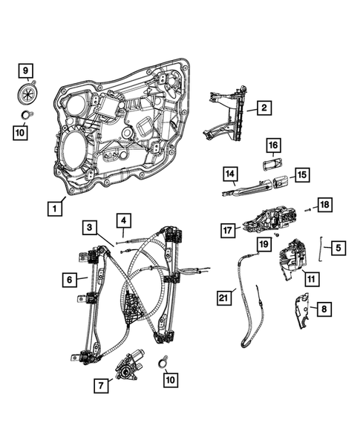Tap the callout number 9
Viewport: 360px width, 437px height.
pyautogui.click(x=26, y=71)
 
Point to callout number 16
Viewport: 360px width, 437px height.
pyautogui.click(x=272, y=145)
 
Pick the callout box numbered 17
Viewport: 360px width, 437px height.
pyautogui.click(x=229, y=230)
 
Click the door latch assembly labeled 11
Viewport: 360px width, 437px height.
pyautogui.click(x=292, y=259)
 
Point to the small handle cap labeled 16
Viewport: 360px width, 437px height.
pyautogui.click(x=272, y=163)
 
